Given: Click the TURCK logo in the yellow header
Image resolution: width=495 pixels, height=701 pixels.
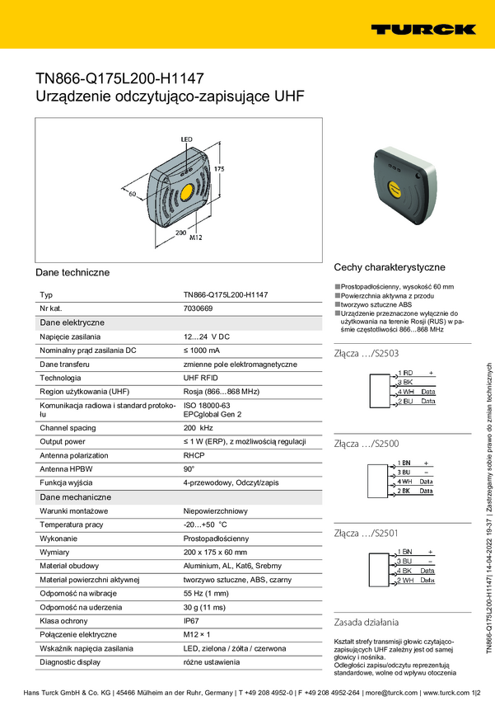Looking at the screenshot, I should [x=423, y=29].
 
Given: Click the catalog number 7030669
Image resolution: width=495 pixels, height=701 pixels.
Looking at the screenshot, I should [x=198, y=308].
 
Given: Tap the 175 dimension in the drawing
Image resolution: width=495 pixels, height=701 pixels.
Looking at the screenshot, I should [x=219, y=168].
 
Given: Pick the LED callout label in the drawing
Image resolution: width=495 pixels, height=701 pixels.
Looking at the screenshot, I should [x=186, y=139].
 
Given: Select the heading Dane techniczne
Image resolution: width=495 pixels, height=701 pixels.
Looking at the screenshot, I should [x=72, y=272].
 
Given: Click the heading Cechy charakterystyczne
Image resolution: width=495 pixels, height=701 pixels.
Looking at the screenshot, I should [x=390, y=267].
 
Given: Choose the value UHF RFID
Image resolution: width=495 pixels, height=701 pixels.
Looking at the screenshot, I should [x=202, y=377].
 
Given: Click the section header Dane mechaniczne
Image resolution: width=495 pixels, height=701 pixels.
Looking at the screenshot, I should [x=76, y=497].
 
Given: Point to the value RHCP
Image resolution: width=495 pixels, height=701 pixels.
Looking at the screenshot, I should [x=194, y=455].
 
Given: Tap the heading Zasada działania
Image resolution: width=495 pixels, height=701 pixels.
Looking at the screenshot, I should [x=367, y=622].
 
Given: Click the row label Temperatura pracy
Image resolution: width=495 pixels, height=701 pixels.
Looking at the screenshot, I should [x=71, y=525].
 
